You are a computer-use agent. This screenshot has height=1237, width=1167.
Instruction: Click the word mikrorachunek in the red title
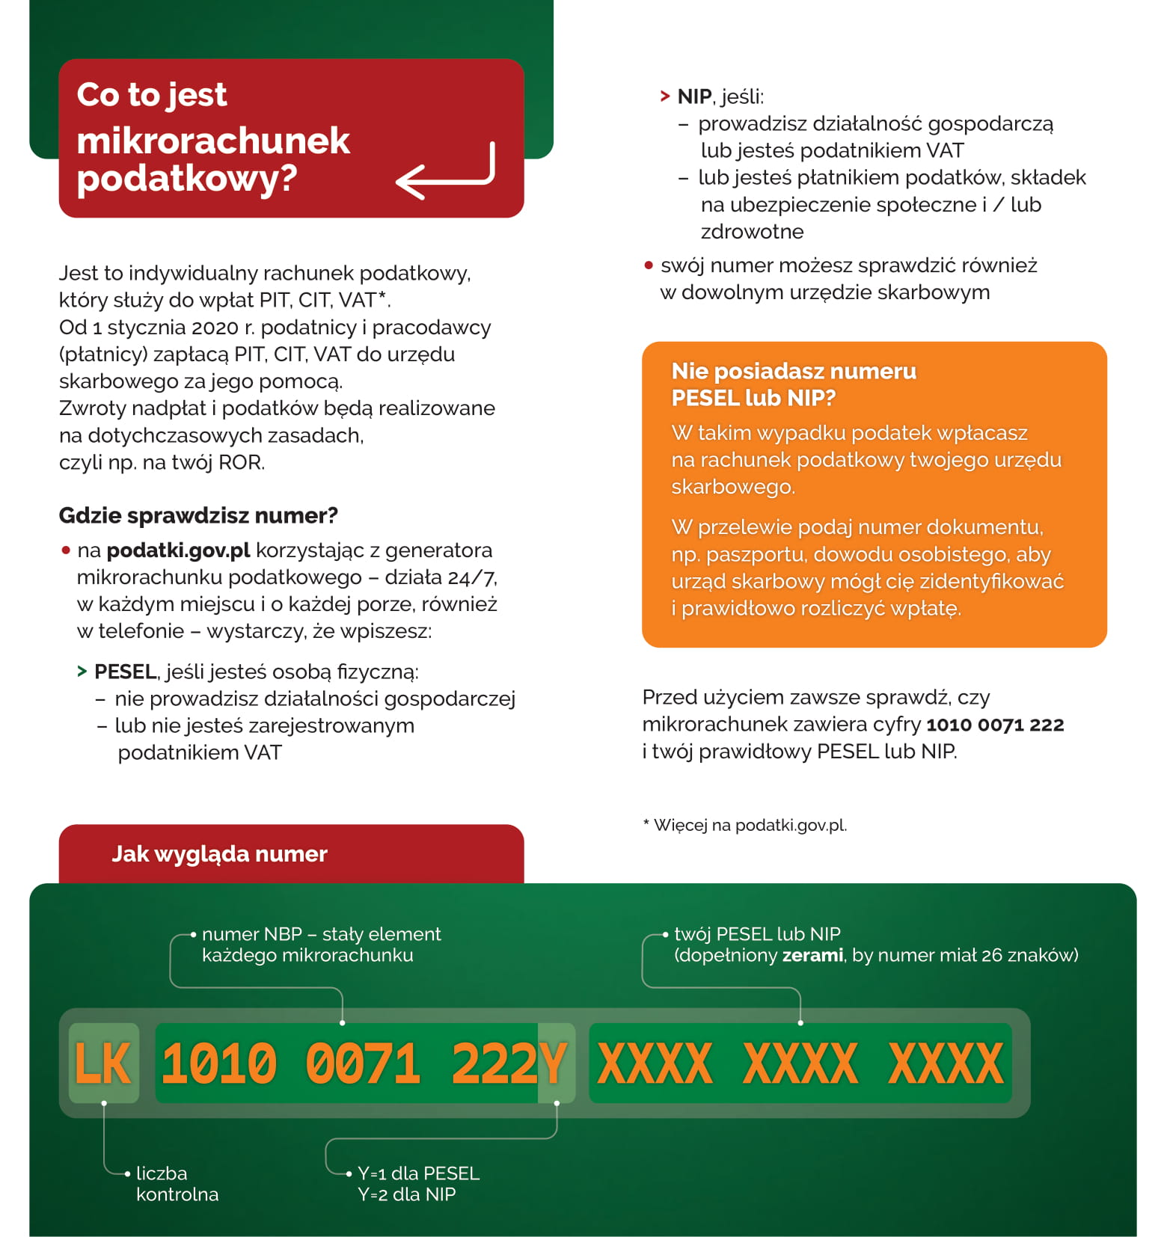click(x=213, y=141)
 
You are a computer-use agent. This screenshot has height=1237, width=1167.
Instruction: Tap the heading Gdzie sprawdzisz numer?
click(x=198, y=515)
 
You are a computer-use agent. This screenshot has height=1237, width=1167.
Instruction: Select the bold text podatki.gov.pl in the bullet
click(x=178, y=550)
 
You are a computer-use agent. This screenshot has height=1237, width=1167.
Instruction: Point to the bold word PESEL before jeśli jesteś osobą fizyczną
click(x=125, y=672)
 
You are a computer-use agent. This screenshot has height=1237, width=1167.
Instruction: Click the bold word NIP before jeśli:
click(x=694, y=96)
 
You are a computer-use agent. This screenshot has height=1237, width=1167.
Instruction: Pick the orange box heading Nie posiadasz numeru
click(x=793, y=371)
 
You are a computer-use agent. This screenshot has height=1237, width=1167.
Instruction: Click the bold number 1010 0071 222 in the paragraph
click(x=995, y=725)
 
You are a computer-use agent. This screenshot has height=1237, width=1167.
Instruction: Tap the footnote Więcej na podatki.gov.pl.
click(x=750, y=825)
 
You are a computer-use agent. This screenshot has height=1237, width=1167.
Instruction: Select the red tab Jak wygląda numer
click(x=219, y=854)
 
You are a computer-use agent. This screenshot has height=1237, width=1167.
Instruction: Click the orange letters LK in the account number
click(x=103, y=1063)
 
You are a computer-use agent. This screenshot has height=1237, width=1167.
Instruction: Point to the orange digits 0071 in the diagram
click(x=363, y=1063)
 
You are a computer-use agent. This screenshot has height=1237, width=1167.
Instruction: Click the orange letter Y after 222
click(x=554, y=1063)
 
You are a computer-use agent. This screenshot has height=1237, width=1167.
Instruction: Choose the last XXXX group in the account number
click(x=946, y=1063)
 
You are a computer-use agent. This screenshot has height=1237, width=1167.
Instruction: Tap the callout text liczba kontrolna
click(x=177, y=1184)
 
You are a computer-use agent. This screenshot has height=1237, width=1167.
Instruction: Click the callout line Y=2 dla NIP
click(x=406, y=1194)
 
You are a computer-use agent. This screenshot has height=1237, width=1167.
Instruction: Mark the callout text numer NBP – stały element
click(x=321, y=934)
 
